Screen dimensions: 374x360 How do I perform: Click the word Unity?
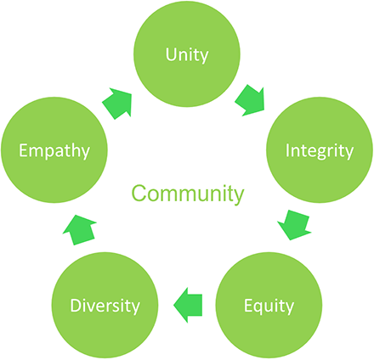(x=187, y=55)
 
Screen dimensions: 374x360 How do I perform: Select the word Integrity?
(x=320, y=151)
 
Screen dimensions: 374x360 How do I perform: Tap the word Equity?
(x=269, y=307)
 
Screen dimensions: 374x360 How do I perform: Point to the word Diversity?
(x=105, y=306)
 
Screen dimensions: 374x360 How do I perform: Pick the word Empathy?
(x=54, y=151)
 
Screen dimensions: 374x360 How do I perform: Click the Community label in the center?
(x=188, y=194)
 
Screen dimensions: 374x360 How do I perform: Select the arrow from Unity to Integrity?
(x=251, y=100)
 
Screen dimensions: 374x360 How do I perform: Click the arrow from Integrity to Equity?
(x=294, y=225)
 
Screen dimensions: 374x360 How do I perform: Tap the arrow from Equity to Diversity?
(x=188, y=305)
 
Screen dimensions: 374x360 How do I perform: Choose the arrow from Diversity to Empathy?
(x=79, y=230)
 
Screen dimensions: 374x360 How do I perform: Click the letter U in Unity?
(x=171, y=54)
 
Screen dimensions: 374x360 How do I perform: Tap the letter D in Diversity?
(x=76, y=306)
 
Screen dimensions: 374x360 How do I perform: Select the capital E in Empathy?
(x=23, y=150)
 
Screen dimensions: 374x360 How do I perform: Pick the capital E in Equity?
(x=248, y=306)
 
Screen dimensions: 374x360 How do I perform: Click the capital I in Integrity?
(x=287, y=150)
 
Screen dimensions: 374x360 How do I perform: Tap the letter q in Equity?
(x=260, y=308)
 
